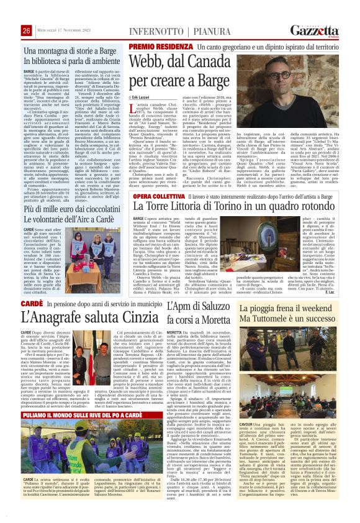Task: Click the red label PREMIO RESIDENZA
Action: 153,47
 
